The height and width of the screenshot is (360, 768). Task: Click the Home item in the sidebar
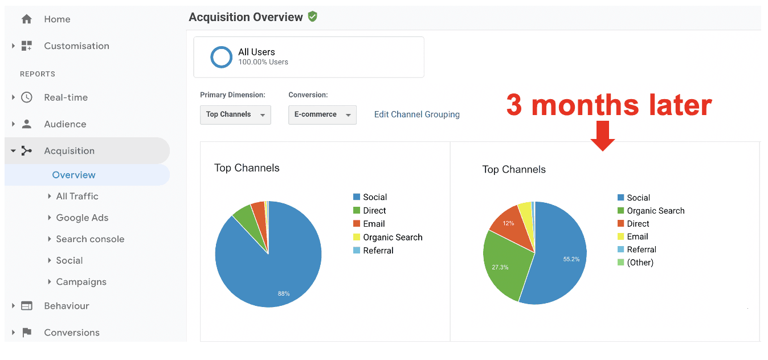(57, 19)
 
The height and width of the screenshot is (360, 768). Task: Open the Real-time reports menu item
(66, 97)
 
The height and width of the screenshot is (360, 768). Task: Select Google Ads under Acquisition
(82, 218)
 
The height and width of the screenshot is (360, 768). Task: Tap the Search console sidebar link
(90, 239)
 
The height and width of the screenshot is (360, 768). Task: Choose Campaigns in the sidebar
(81, 282)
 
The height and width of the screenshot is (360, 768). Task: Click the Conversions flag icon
(27, 333)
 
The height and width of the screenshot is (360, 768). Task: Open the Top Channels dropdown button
(235, 114)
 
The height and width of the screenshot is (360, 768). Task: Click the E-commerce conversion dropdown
(322, 114)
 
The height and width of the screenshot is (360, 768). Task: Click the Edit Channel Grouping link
(416, 114)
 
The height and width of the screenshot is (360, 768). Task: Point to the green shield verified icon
(312, 17)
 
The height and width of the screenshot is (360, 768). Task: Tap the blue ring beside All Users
(221, 57)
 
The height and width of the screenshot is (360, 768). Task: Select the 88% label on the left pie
(284, 293)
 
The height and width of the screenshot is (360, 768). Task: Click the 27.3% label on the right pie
(500, 267)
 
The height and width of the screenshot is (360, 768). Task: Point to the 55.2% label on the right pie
(571, 259)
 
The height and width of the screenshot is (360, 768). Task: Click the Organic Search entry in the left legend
(393, 238)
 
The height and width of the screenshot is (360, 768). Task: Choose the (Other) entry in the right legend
(640, 263)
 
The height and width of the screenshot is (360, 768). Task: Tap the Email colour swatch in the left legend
(357, 224)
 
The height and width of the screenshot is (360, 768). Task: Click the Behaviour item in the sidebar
(66, 306)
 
